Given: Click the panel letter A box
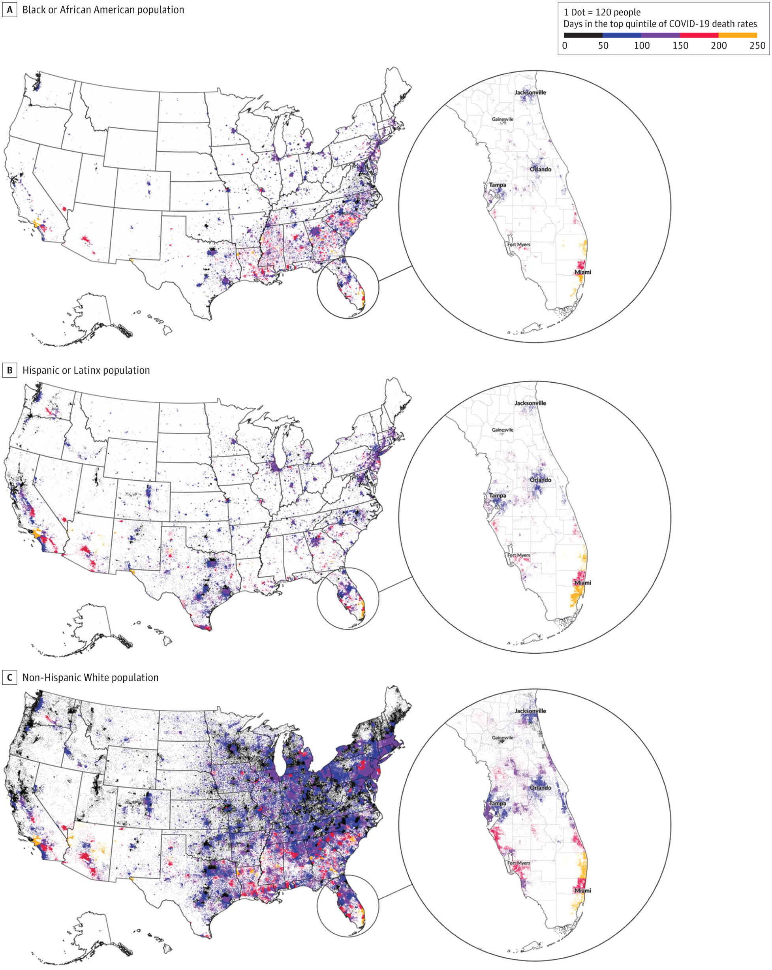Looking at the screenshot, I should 9,10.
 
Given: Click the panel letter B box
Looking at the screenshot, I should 9,370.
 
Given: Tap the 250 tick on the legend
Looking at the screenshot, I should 757,45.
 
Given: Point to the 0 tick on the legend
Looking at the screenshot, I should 565,45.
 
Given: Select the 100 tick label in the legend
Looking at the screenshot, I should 642,45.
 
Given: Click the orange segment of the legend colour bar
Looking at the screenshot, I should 737,35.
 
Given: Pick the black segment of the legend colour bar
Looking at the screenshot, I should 583,35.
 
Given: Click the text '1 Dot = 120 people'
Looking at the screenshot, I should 602,12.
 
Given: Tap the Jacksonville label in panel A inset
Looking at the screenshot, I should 530,92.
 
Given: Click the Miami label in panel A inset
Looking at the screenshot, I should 582,272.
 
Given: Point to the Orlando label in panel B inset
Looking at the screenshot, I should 540,480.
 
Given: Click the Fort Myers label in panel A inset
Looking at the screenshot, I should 519,245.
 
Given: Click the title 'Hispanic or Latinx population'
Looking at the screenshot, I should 86,370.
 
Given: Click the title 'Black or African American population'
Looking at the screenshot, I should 103,10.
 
